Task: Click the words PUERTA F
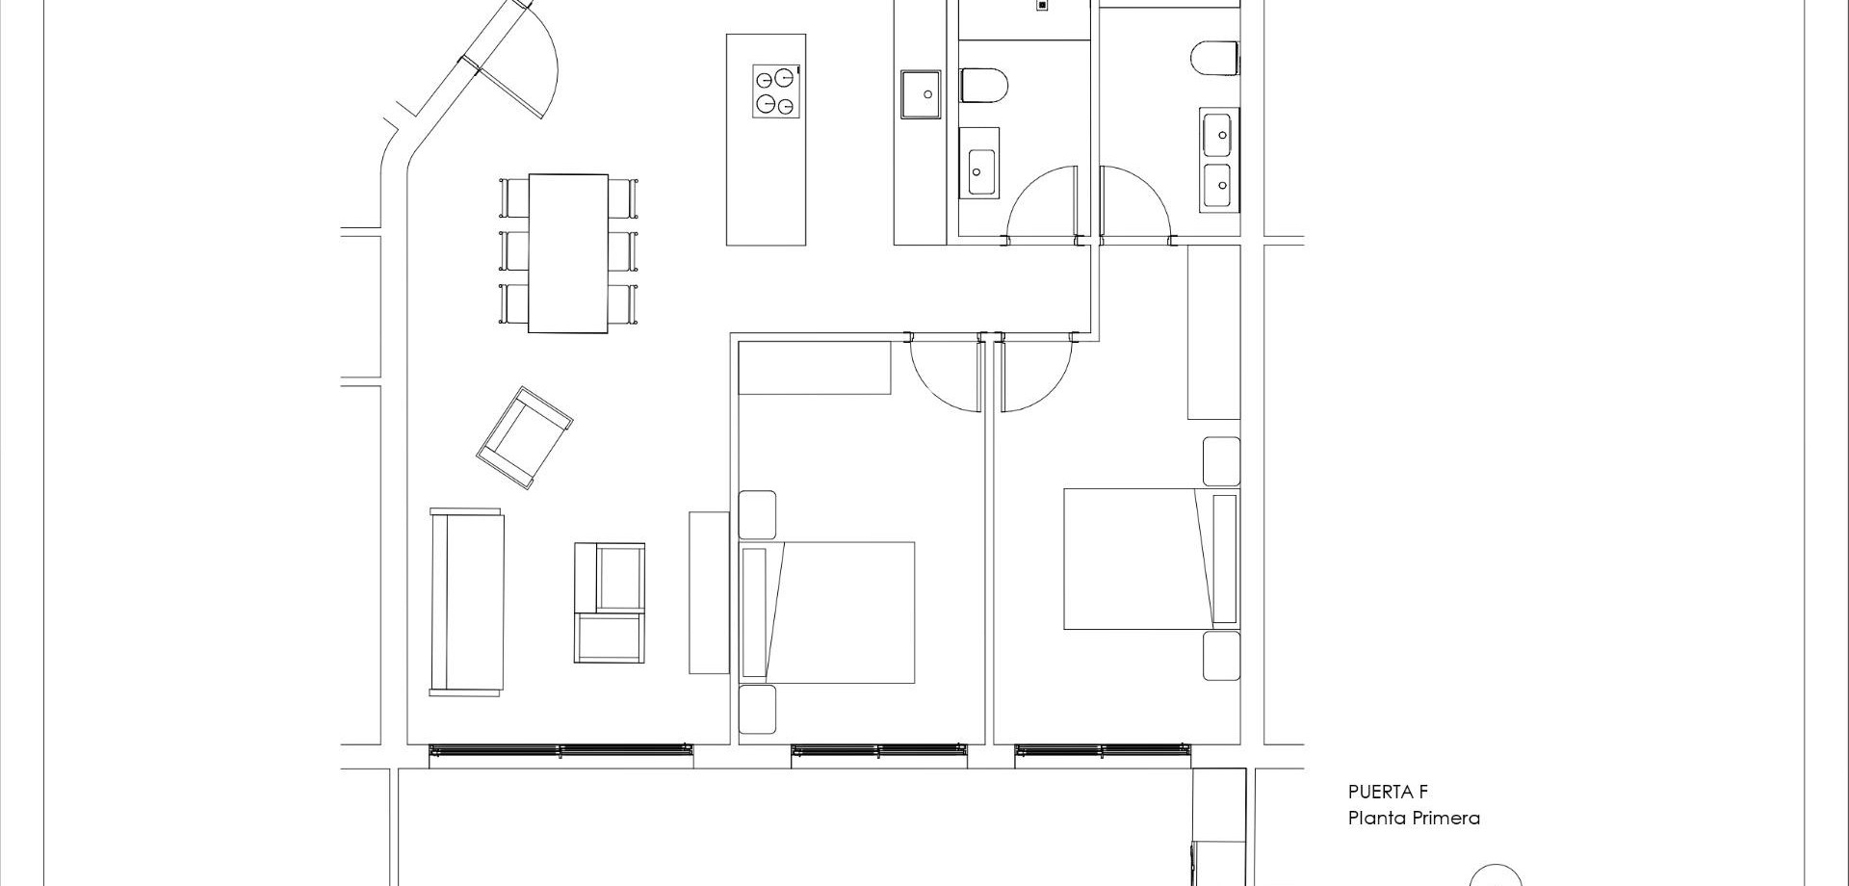click(1387, 793)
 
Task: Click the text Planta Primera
click(1413, 819)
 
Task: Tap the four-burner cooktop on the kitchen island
click(776, 91)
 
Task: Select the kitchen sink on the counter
click(922, 94)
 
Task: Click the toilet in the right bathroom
click(1213, 57)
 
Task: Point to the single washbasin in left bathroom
click(981, 172)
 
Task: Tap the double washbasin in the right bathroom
click(1218, 159)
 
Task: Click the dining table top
click(567, 252)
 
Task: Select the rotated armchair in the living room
click(525, 437)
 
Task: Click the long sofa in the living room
click(467, 602)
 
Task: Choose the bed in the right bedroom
click(1136, 559)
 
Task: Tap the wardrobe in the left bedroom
click(814, 368)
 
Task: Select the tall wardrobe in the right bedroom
click(1213, 332)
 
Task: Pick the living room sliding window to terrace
click(560, 755)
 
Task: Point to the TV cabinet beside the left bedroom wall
click(709, 592)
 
